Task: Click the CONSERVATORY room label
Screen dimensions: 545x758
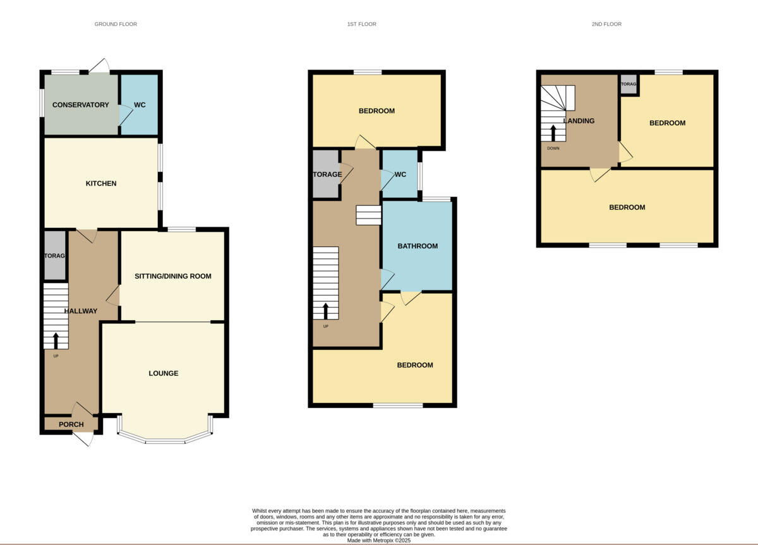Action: click(x=80, y=105)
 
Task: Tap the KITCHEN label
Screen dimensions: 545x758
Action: click(x=101, y=184)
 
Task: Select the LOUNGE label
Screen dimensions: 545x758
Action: click(x=163, y=373)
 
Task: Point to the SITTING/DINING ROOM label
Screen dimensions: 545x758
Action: click(x=172, y=277)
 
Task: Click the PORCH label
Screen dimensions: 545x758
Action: click(x=71, y=424)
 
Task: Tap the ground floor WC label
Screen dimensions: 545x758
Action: click(x=140, y=105)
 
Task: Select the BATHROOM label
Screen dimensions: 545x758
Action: click(x=417, y=246)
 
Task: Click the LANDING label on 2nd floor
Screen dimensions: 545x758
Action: click(x=579, y=121)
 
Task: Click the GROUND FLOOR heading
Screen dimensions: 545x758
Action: click(x=116, y=24)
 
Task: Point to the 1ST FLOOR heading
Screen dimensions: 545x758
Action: click(x=361, y=24)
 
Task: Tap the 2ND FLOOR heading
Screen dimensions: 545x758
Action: click(x=606, y=24)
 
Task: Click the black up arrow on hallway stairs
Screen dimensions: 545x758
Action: click(x=56, y=340)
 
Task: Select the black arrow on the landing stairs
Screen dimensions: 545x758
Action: click(x=553, y=133)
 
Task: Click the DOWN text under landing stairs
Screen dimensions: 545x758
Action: click(x=553, y=148)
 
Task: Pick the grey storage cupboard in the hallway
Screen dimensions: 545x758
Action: click(x=55, y=256)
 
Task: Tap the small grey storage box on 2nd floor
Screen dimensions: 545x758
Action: click(x=628, y=84)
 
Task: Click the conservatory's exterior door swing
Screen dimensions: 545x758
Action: click(x=100, y=65)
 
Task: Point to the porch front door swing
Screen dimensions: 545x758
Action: click(x=88, y=438)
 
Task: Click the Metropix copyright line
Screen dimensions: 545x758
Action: click(x=379, y=541)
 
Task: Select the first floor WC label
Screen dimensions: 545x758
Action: click(x=400, y=174)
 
